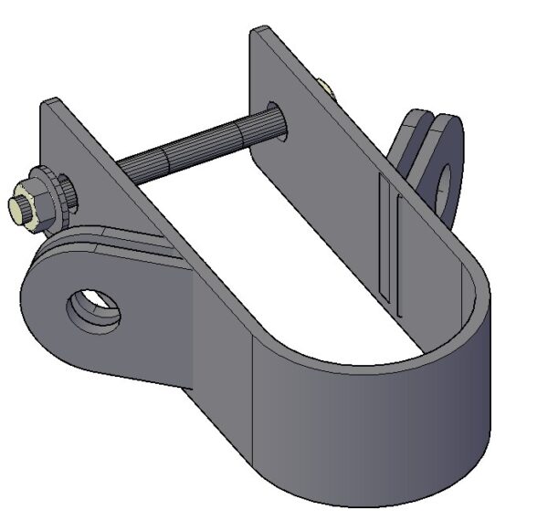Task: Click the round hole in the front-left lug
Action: (94, 308)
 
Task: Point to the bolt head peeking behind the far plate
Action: (326, 89)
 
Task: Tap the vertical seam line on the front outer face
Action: (253, 401)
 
